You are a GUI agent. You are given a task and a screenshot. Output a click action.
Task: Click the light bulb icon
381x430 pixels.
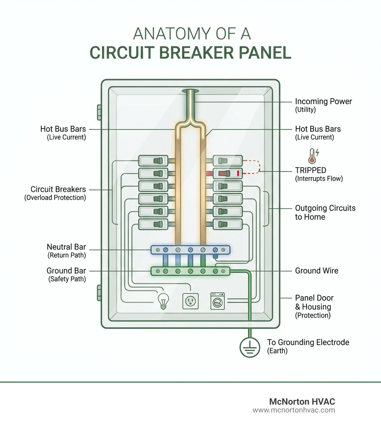[163, 300]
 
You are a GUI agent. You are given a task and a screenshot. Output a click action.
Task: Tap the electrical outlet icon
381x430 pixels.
[190, 300]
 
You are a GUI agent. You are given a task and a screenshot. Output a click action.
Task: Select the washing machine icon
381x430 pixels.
[218, 300]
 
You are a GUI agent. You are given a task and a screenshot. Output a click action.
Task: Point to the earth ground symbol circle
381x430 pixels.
[250, 347]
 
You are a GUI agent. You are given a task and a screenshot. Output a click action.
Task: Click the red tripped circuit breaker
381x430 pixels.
[227, 173]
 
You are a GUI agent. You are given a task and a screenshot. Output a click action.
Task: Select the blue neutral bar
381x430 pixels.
[190, 250]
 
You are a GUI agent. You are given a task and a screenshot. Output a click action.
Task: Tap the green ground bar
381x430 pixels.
[190, 271]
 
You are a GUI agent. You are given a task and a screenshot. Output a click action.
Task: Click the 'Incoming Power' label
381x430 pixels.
[323, 101]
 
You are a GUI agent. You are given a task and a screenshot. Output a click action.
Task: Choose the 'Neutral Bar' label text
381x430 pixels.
[66, 247]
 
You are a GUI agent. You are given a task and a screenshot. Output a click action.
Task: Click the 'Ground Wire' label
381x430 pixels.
[317, 271]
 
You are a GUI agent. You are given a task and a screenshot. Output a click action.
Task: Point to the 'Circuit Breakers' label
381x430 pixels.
[58, 189]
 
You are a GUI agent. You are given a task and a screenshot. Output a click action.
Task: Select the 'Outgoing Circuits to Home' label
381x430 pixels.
[325, 212]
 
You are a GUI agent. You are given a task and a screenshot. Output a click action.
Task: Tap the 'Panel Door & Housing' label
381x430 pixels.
[314, 302]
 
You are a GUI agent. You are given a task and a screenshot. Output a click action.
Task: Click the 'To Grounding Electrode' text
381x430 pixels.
[308, 342]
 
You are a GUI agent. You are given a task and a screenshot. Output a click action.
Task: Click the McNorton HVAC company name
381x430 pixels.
[302, 401]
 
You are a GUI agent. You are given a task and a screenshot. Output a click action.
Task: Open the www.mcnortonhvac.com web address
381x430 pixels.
[294, 410]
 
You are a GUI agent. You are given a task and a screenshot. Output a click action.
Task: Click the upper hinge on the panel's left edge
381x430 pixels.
[99, 112]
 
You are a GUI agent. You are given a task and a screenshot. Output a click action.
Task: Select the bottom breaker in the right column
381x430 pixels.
[227, 224]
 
